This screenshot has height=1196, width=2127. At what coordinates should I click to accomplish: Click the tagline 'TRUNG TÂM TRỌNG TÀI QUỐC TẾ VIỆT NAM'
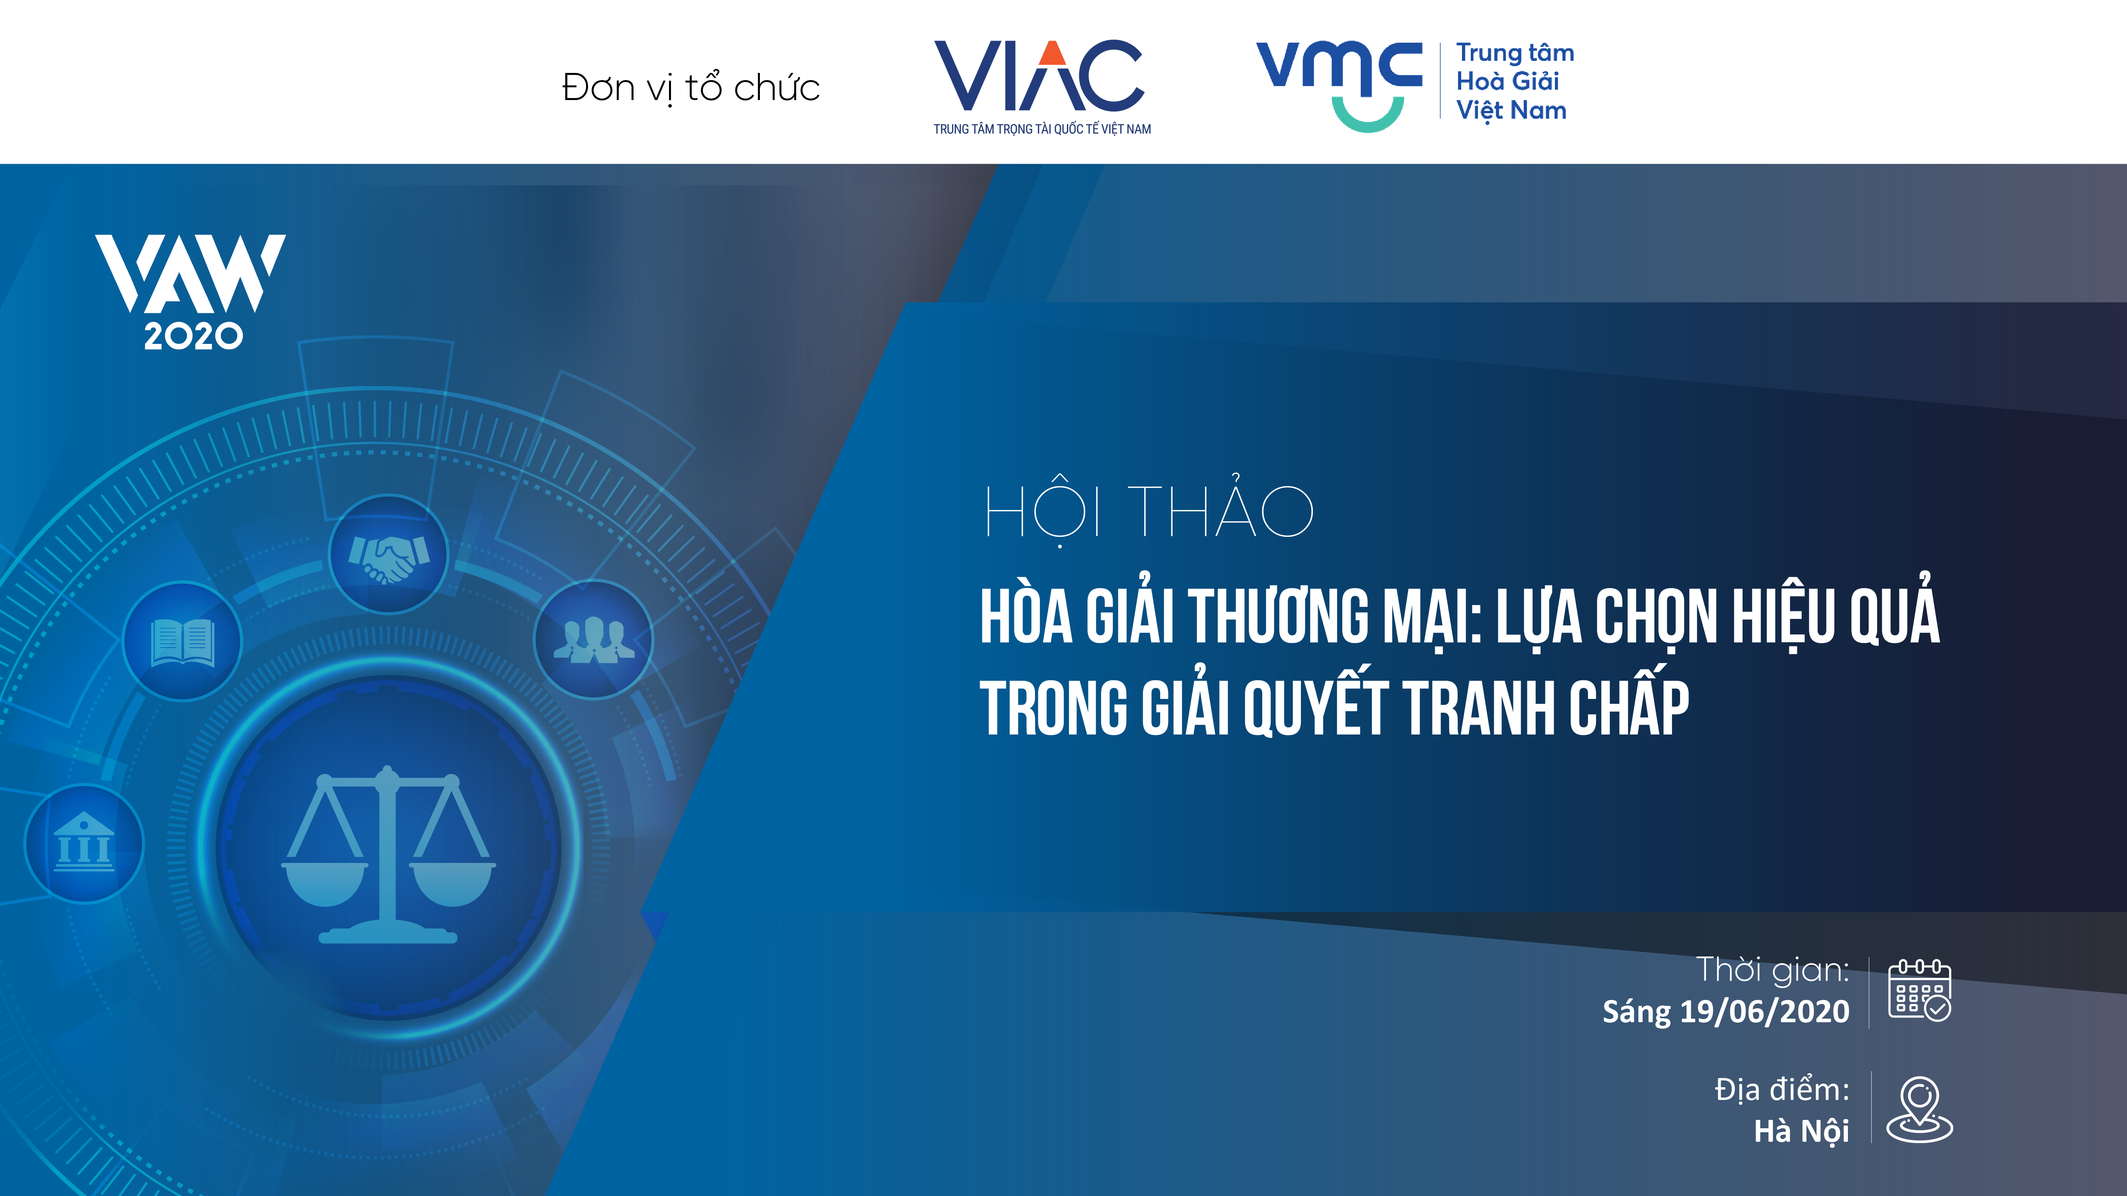point(1042,129)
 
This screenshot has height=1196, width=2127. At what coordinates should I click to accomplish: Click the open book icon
point(183,642)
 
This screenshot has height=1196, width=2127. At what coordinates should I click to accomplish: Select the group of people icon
point(594,640)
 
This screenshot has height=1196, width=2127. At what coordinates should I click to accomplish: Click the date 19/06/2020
point(1765,1011)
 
